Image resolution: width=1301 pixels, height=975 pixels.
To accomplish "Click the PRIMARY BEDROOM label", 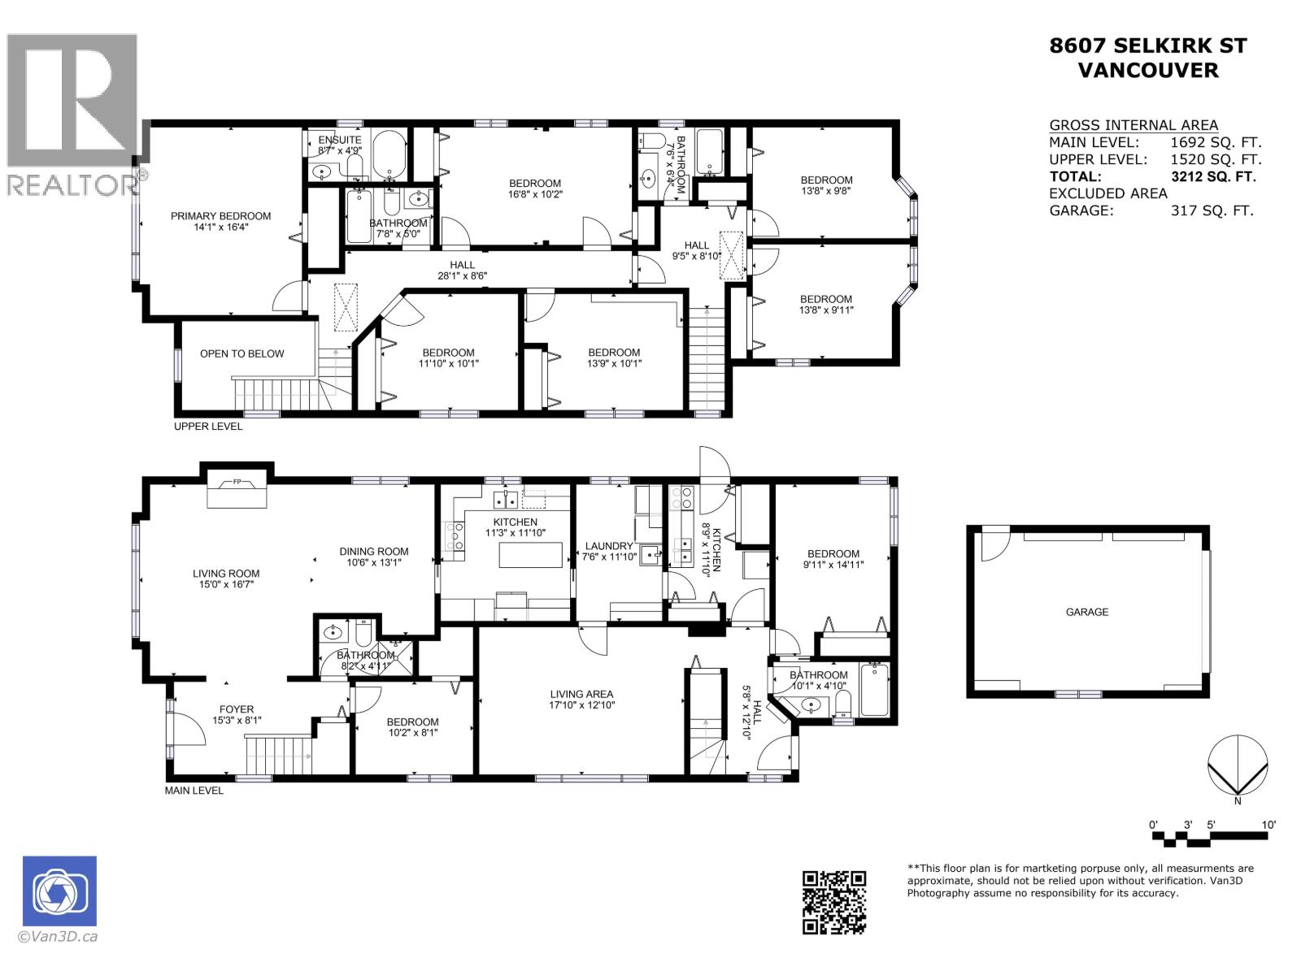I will point(220,216).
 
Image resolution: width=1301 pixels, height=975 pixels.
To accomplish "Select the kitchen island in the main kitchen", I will point(531,555).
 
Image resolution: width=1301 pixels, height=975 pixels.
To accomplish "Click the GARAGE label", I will point(1086,612).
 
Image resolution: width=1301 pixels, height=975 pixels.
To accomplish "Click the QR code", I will point(833,902).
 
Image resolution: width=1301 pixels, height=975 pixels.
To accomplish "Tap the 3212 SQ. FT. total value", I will point(1212,176).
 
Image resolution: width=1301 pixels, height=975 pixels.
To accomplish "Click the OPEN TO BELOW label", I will point(242,353).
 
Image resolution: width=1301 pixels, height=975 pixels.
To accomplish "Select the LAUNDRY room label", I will point(608,546).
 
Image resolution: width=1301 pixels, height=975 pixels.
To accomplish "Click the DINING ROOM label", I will point(374,552).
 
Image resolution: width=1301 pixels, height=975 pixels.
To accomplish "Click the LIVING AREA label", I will point(581,694).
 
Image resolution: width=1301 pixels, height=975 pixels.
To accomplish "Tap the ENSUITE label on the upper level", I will point(339,140).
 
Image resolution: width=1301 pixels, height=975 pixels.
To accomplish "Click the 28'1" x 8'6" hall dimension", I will point(463,275).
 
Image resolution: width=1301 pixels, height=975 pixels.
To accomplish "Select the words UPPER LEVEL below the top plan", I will point(208,427).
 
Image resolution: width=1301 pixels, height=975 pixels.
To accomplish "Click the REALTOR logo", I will point(73,114).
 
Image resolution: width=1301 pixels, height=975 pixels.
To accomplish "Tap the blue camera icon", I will point(59,891).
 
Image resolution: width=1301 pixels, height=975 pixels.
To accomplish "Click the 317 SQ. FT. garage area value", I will point(1212,210).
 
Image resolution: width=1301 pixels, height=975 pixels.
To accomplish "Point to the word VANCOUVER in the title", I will point(1147,70).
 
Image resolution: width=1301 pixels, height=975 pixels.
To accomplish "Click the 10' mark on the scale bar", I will point(1268,825).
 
